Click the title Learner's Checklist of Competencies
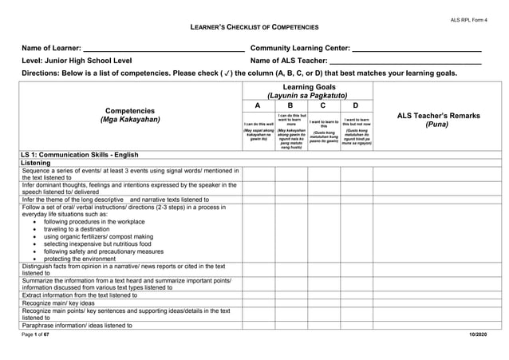coord(254,27)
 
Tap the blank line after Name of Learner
coord(164,49)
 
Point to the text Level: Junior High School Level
coord(77,61)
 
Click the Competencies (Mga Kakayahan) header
coord(130,115)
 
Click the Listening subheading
coord(36,163)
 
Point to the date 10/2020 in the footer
coord(478,333)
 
